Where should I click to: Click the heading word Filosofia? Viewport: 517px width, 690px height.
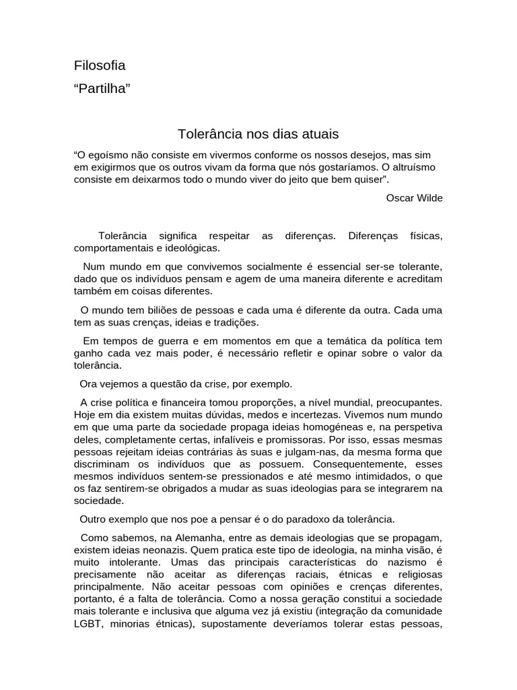coord(100,65)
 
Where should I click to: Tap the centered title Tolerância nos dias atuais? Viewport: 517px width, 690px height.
coord(258,134)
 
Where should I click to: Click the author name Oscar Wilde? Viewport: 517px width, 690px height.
coord(415,197)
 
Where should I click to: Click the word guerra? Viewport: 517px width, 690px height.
coord(164,342)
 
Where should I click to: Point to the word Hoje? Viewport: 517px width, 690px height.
coord(85,414)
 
